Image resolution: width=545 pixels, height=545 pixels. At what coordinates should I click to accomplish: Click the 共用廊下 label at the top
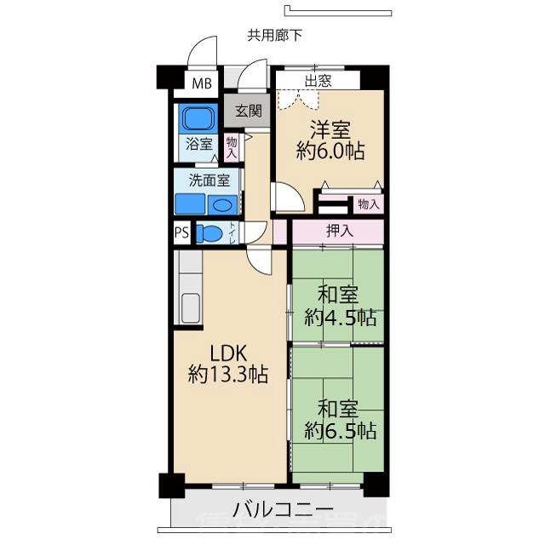coord(274,36)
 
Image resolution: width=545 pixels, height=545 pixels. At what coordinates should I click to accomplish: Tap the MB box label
coord(201,83)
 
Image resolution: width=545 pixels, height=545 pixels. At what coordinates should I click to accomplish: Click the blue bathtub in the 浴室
coord(198,118)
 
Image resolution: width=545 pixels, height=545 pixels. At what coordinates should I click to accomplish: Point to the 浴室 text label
coord(199,144)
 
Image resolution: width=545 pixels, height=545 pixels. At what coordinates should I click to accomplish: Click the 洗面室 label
coord(209,181)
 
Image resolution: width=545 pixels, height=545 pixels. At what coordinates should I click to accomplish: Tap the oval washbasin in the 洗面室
coord(223,205)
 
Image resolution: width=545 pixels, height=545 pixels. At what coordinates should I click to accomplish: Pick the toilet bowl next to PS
coord(207,233)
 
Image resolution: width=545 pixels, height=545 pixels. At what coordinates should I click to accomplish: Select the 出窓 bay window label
coord(318,81)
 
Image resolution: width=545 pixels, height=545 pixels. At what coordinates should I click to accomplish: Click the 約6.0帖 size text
coord(331,152)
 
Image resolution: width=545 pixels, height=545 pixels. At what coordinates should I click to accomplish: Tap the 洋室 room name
coord(330,130)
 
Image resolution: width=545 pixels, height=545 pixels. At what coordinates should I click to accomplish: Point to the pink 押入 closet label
coord(341,230)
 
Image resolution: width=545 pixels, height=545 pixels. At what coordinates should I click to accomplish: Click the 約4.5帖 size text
coord(341,317)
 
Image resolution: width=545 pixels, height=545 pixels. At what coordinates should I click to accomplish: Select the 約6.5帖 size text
coord(341,430)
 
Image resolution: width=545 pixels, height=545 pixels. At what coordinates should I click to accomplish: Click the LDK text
coord(228,353)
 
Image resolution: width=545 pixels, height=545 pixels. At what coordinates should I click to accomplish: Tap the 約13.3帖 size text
coord(228,374)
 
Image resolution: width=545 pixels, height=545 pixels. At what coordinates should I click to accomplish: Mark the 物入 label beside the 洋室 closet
coord(369,204)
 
